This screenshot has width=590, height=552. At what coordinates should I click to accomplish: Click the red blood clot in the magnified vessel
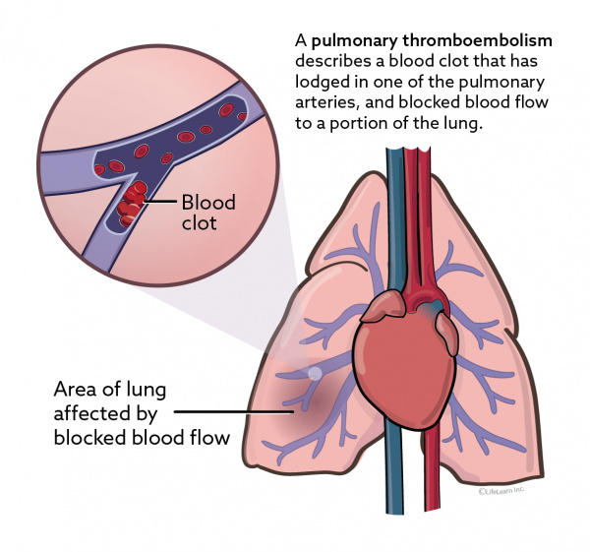point(128,205)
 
